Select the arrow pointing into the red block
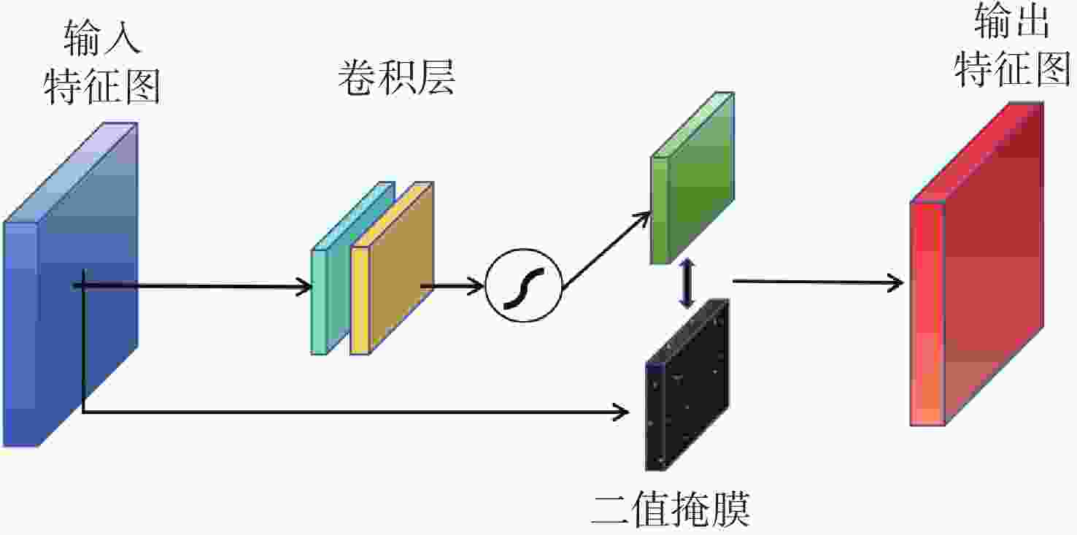coord(817,282)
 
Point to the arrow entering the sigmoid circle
coord(452,285)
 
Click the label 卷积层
coord(396,78)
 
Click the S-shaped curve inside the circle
coord(523,285)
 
